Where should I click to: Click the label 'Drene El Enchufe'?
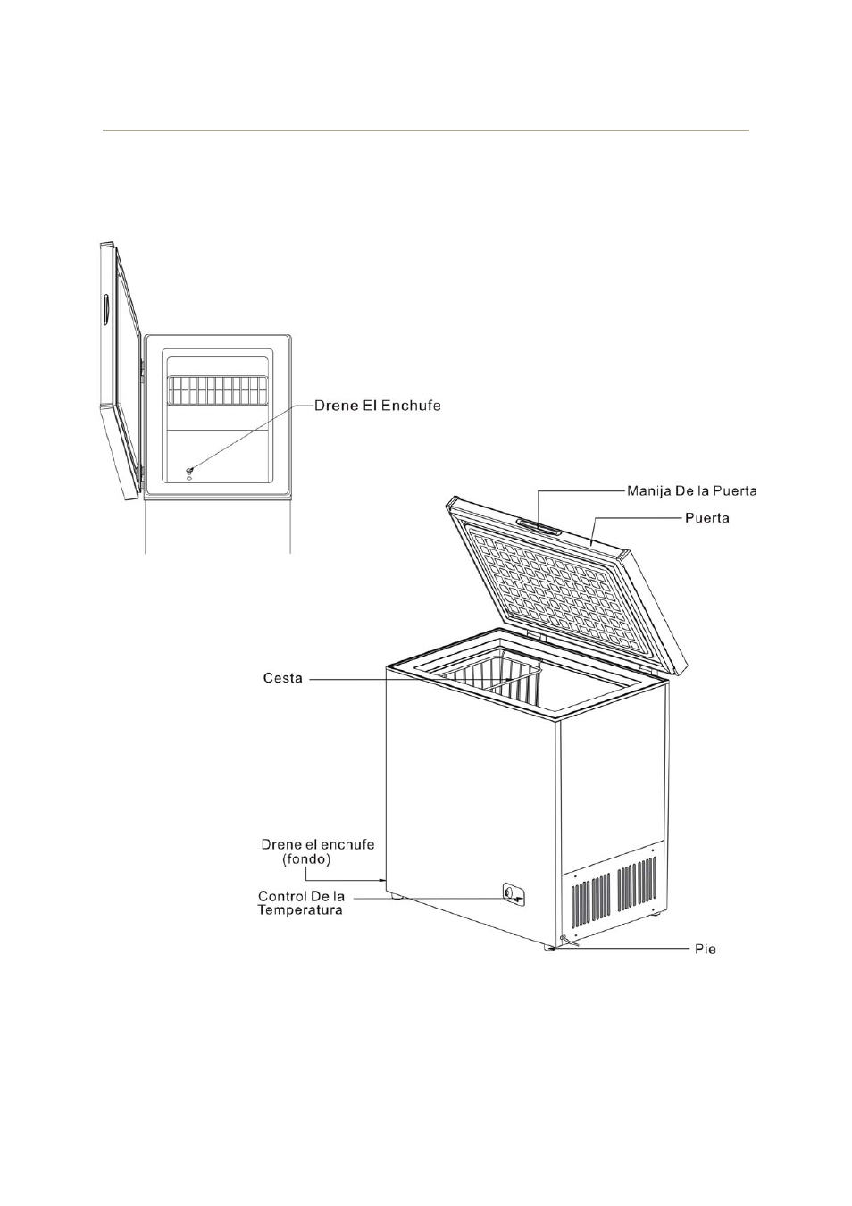[x=377, y=406]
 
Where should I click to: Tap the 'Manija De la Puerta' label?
[x=691, y=490]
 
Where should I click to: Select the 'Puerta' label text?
[x=706, y=517]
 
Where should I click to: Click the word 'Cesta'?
[x=283, y=679]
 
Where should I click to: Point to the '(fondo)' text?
[x=306, y=859]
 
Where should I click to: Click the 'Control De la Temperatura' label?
[x=301, y=903]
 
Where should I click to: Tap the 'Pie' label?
[x=706, y=949]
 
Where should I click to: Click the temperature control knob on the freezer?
[x=510, y=892]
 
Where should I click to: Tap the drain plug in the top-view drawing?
[x=189, y=469]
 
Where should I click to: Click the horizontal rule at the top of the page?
[x=425, y=130]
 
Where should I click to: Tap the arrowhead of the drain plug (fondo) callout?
[x=381, y=880]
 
